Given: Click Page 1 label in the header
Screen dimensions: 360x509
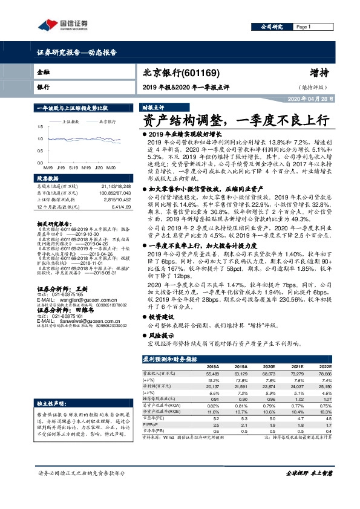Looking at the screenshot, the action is (304, 27).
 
